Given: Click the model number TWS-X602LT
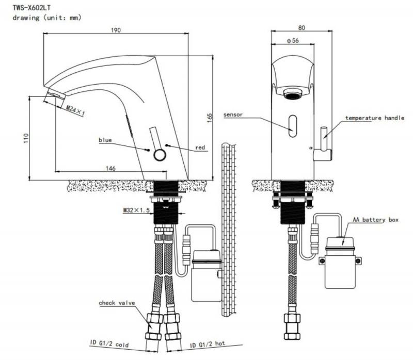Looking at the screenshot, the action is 31,8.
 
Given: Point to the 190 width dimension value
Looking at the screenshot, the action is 116,30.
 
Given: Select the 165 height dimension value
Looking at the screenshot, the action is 210,118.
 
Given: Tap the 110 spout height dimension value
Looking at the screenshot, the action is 26,138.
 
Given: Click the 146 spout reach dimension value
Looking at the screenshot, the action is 110,168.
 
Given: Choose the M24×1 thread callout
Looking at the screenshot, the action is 75,111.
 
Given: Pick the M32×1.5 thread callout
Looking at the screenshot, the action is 136,210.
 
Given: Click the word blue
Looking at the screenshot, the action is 105,140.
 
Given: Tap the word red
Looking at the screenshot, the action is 200,148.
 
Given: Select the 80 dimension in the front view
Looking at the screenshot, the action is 301,28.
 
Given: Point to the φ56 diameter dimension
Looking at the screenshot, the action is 293,41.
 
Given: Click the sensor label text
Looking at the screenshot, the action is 233,114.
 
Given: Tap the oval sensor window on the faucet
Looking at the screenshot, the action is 293,126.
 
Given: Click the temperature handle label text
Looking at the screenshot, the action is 375,118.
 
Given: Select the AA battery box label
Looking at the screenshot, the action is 376,220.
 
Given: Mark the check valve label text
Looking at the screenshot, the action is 117,303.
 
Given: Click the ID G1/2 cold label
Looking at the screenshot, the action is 109,343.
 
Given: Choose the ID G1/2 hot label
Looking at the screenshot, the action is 208,344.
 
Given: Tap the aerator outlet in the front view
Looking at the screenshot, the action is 293,94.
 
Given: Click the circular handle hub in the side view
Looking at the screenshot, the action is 160,155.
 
